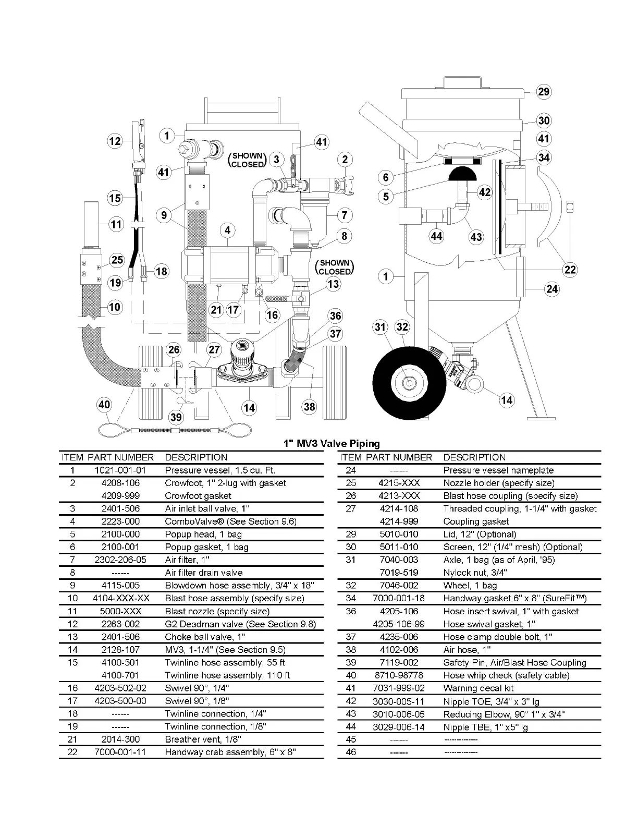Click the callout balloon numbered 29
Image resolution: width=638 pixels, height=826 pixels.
click(x=544, y=92)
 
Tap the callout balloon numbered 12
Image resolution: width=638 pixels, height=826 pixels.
click(x=115, y=141)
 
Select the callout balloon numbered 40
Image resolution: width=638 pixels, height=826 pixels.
click(x=104, y=404)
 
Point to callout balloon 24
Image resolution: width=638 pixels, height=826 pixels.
click(x=552, y=289)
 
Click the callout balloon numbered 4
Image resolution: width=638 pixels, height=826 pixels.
click(x=227, y=230)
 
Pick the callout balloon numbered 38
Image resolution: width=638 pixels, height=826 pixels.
click(x=309, y=406)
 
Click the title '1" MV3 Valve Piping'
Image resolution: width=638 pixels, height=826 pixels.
click(x=332, y=444)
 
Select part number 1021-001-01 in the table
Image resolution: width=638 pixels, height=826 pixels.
click(x=120, y=470)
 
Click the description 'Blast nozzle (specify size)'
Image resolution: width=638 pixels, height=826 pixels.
click(x=217, y=611)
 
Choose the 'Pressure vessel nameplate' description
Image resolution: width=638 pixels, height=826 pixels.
click(x=498, y=470)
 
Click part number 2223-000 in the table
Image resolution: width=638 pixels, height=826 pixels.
click(x=120, y=521)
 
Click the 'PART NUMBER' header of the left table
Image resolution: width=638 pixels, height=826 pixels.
click(x=120, y=457)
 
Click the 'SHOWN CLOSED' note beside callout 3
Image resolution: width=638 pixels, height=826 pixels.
click(x=248, y=160)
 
